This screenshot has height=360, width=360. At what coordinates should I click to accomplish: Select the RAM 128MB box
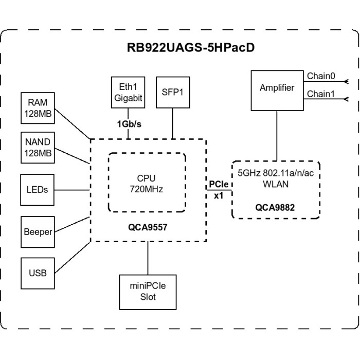click(x=38, y=108)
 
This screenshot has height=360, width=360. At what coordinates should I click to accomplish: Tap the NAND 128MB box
click(x=38, y=148)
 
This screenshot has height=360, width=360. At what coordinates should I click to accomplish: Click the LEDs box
click(x=37, y=189)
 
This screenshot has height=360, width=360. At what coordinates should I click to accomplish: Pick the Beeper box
click(x=38, y=231)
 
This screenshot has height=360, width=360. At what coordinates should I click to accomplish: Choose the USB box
click(x=37, y=273)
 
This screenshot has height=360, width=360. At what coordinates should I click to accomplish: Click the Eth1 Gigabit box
click(x=128, y=92)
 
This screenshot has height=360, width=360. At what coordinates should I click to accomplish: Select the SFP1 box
click(x=173, y=92)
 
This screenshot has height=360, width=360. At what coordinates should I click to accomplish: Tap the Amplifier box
click(x=277, y=89)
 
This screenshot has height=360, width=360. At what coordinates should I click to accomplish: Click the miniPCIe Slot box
click(x=148, y=292)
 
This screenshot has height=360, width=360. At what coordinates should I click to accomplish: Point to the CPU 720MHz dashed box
click(x=147, y=183)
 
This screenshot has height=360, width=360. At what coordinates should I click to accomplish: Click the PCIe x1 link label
click(x=219, y=189)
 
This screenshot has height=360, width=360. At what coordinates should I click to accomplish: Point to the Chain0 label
click(x=321, y=76)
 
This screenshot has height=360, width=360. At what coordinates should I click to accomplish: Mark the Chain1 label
click(x=321, y=94)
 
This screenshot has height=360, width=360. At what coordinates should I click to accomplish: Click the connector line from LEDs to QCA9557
click(x=72, y=189)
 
